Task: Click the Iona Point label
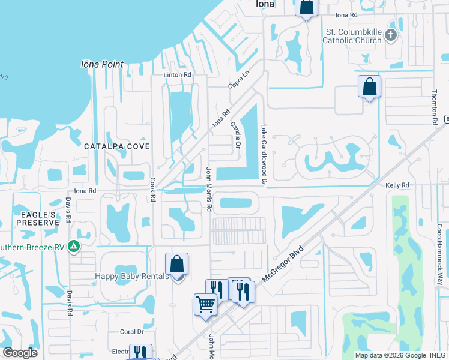click(x=102, y=64)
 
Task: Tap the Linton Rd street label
click(x=177, y=75)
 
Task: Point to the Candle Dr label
click(x=235, y=135)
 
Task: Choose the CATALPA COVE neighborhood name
click(x=116, y=146)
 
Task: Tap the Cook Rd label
click(x=153, y=189)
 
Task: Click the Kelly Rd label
click(x=397, y=186)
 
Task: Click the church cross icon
click(x=391, y=34)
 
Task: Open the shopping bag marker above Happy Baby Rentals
click(x=177, y=264)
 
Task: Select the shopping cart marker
click(x=205, y=304)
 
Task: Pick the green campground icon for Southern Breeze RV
click(x=73, y=245)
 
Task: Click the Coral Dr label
click(x=132, y=331)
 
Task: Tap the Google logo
click(x=20, y=352)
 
